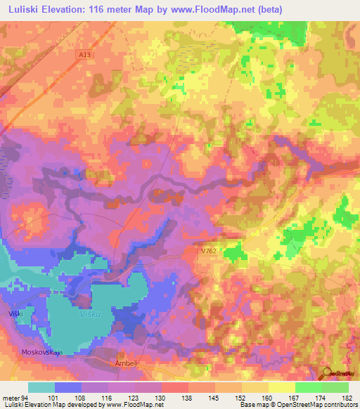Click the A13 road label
[84, 54]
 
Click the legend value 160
[266, 397]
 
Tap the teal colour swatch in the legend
[41, 387]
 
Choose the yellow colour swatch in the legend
[281, 387]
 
